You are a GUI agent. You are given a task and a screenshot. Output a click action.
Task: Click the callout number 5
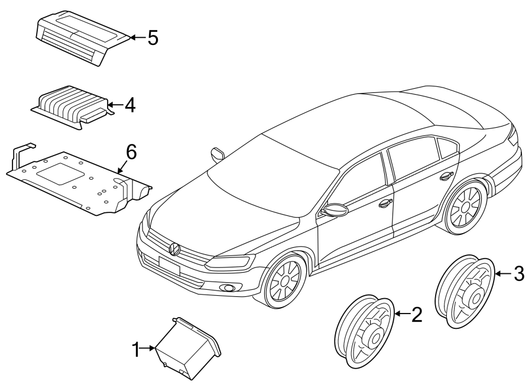click(x=153, y=37)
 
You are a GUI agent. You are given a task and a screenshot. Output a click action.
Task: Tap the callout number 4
click(x=130, y=105)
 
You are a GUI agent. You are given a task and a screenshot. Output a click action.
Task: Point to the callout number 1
click(x=136, y=350)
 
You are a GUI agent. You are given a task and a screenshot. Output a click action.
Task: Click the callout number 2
click(x=417, y=315)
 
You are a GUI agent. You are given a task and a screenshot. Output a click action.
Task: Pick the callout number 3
click(x=519, y=273)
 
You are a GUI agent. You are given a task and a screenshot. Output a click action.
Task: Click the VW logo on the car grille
click(x=174, y=249)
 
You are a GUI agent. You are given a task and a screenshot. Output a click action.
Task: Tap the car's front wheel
click(x=285, y=280)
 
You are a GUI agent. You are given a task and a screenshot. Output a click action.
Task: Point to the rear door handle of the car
click(x=446, y=176)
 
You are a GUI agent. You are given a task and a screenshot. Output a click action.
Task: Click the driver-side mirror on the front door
click(x=336, y=210)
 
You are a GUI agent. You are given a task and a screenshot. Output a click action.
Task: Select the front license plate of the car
click(x=169, y=266)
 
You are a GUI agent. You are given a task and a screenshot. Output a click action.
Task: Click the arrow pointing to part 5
click(x=138, y=37)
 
